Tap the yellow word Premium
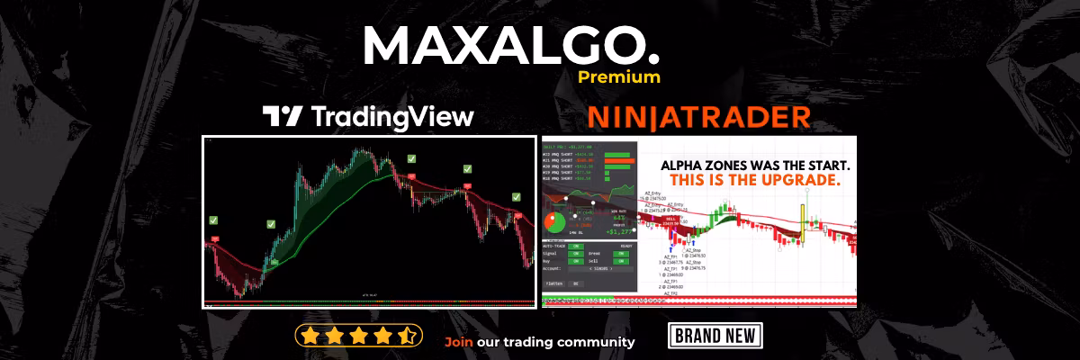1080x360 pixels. [x=619, y=77]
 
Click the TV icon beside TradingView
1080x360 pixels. [x=282, y=116]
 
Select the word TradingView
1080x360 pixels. [x=391, y=117]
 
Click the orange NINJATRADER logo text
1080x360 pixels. [x=697, y=117]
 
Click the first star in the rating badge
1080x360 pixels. [x=310, y=336]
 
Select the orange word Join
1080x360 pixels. [x=459, y=342]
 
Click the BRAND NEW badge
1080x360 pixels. [x=715, y=337]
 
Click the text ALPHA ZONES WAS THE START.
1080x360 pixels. [x=755, y=166]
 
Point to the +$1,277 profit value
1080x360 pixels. [x=619, y=231]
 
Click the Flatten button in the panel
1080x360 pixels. [x=553, y=283]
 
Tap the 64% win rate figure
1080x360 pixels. [x=619, y=217]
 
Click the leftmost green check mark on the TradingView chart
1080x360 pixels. [x=213, y=220]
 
